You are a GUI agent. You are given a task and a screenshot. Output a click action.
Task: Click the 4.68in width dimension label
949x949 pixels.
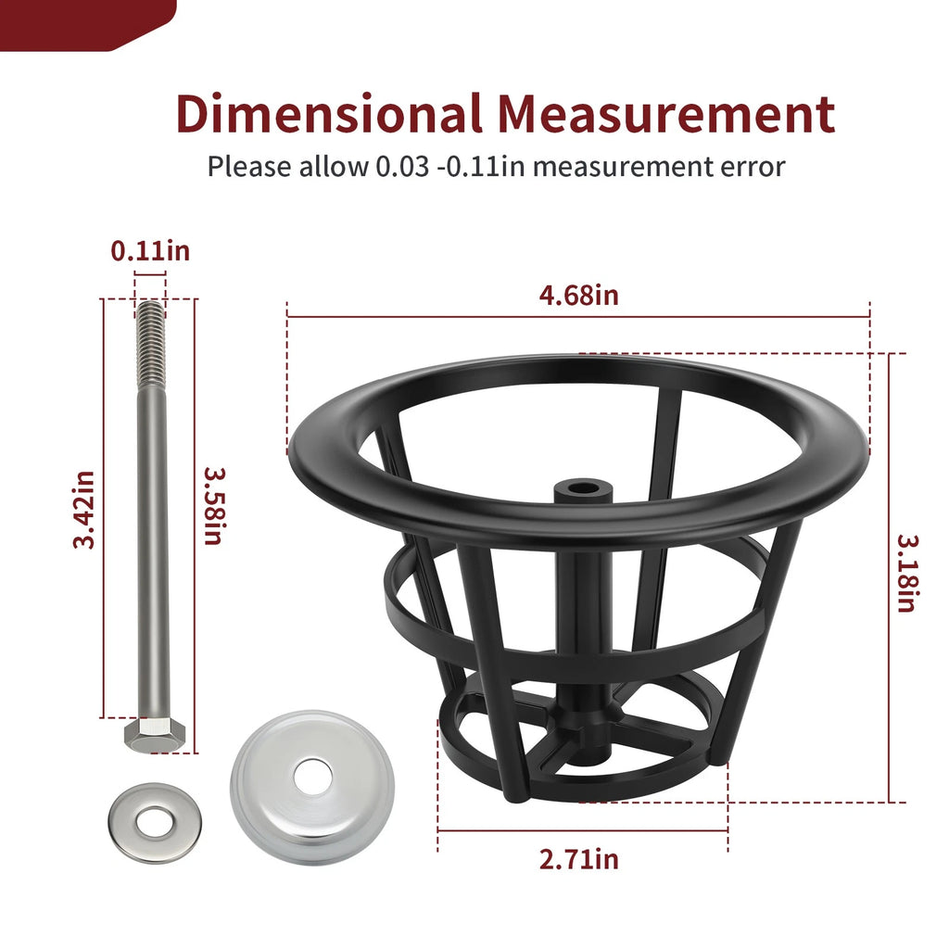point(578,296)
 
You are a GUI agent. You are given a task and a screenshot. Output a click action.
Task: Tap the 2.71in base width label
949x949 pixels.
point(578,859)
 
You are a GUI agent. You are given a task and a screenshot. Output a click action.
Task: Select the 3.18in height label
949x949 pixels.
point(907,573)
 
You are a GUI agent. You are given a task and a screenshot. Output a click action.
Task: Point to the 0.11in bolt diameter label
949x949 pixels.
point(150,250)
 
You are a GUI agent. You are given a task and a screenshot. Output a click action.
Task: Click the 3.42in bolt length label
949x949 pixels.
point(83,510)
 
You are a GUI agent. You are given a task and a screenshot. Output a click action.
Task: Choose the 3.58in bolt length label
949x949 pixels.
point(214,506)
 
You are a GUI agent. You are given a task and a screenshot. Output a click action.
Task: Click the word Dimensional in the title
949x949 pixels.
point(329,113)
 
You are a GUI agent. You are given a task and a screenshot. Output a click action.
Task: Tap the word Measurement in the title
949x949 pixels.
point(666,113)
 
